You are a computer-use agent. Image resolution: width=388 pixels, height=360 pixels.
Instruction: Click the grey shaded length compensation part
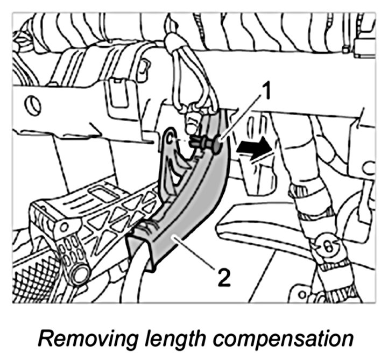pos(183,215)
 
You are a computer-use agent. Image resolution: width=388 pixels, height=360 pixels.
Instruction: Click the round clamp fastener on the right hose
pos(325,246)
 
